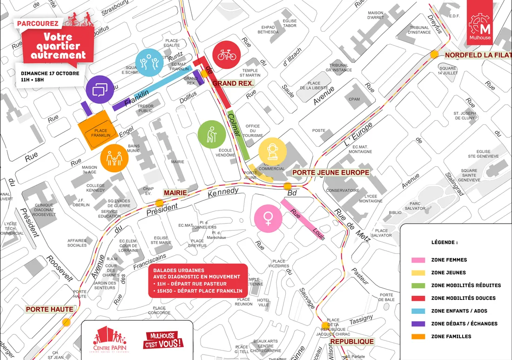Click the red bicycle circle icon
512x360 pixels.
tap(227, 55)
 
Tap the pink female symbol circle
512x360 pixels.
tap(268, 218)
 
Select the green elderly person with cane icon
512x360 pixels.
tap(212, 135)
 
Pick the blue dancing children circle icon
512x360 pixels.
tap(149, 62)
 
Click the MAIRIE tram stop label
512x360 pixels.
tap(175, 192)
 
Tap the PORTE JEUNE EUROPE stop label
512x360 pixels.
tap(330, 172)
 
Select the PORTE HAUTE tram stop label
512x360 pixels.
tap(50, 309)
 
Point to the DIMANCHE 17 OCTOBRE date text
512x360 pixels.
tap(50, 74)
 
